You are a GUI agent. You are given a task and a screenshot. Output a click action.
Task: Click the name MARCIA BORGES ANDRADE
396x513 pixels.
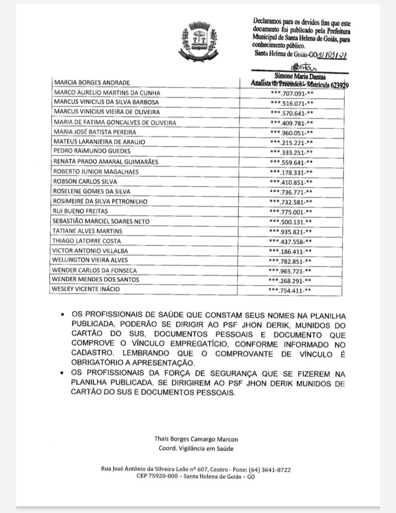tap(92, 82)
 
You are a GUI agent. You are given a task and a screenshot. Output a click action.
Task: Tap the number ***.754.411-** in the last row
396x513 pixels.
tap(291, 290)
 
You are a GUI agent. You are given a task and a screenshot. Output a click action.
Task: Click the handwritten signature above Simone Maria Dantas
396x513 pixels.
tap(299, 67)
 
